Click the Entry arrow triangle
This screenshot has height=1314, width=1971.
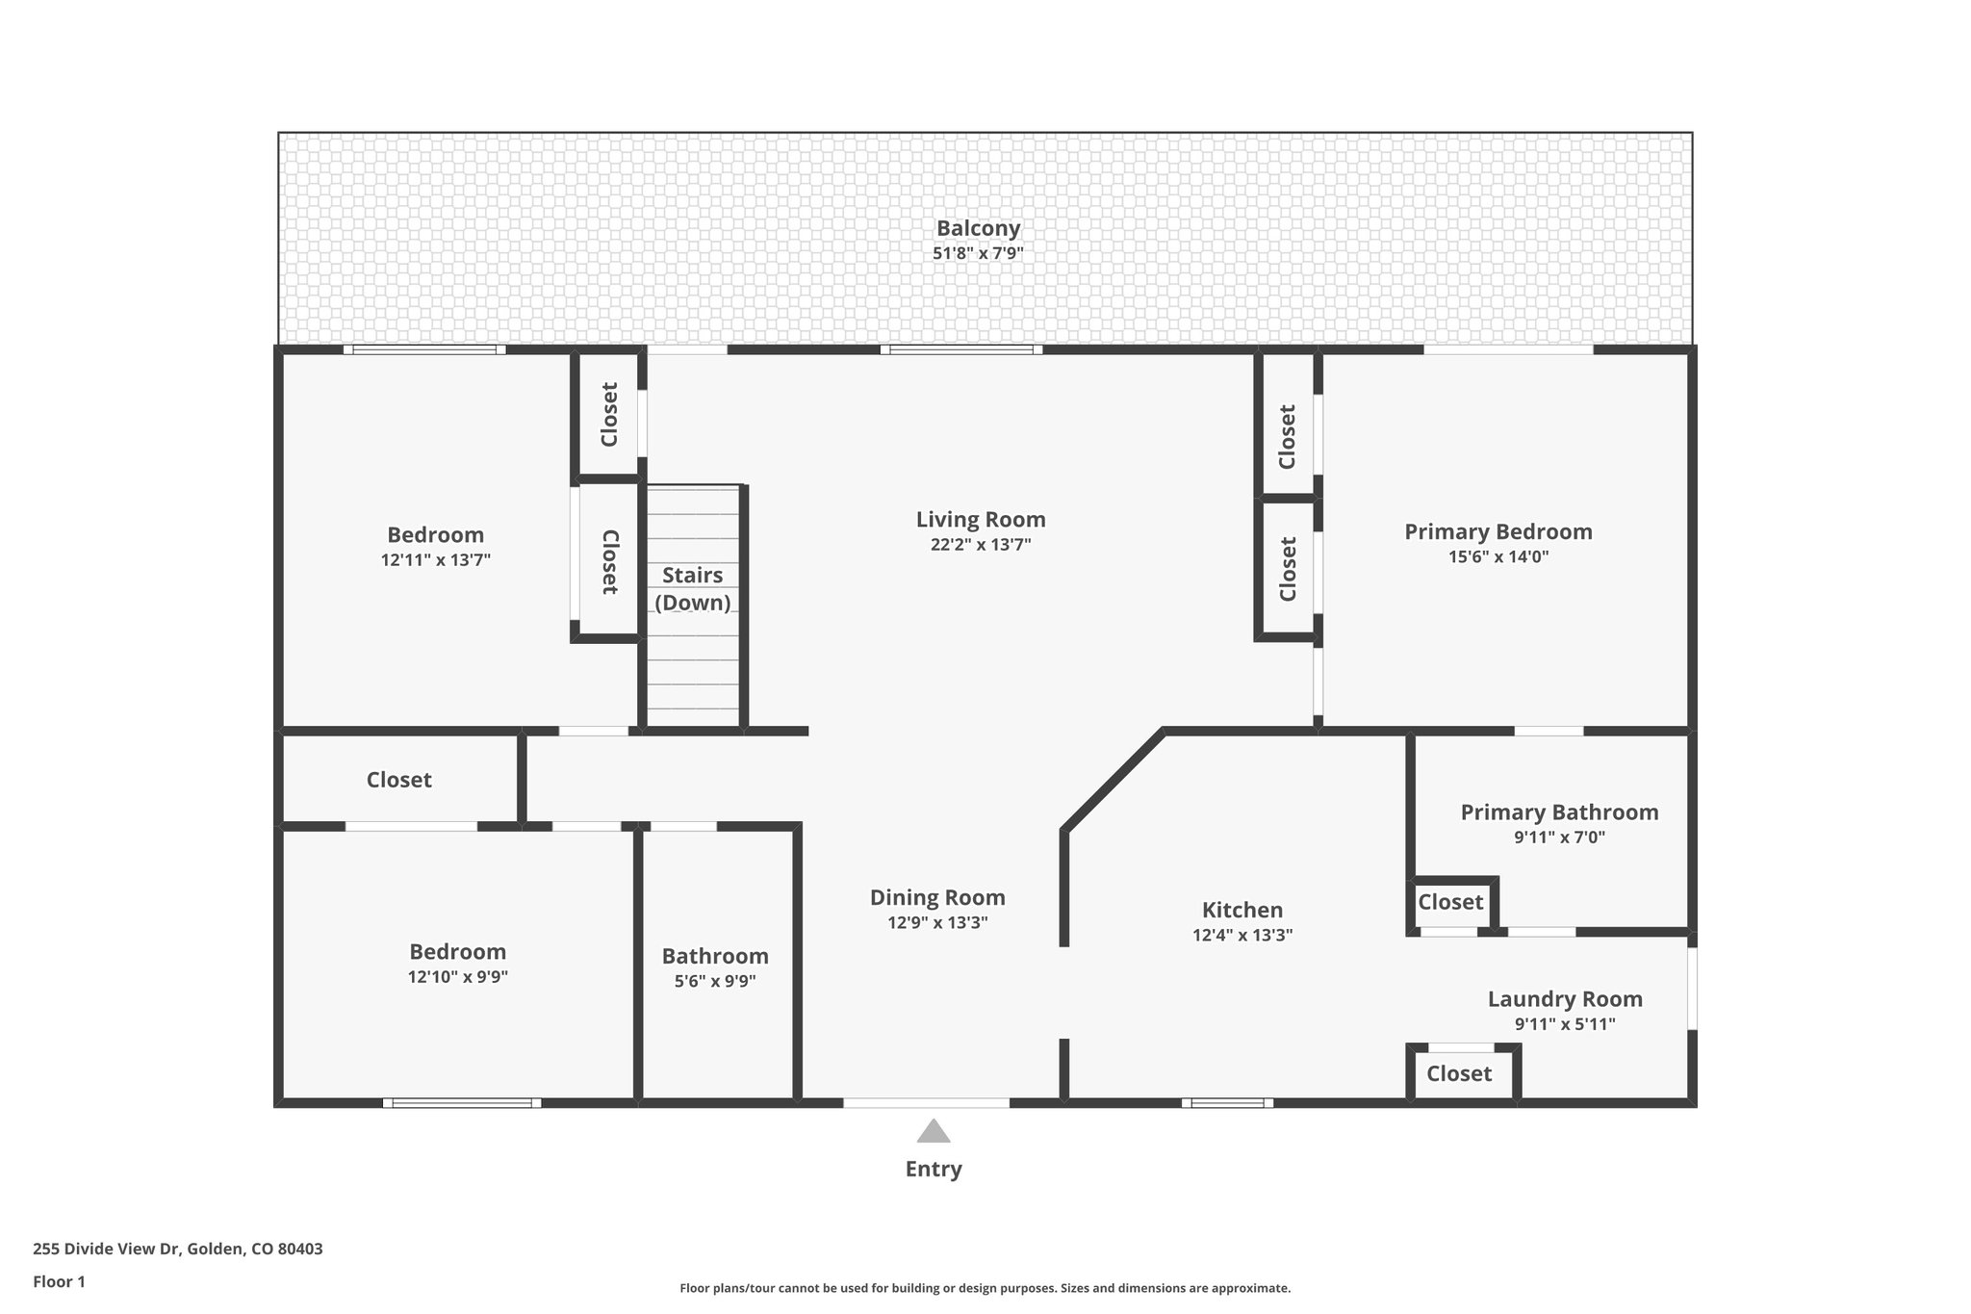click(933, 1131)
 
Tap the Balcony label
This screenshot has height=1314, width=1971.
click(978, 228)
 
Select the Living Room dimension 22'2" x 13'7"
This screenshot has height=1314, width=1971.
click(980, 545)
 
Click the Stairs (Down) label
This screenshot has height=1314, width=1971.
click(692, 588)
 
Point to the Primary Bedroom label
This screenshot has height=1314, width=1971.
click(1497, 531)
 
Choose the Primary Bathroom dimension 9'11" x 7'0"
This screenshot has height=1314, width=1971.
click(1559, 837)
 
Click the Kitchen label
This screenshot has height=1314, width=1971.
click(1241, 910)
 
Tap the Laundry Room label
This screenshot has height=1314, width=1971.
click(1565, 999)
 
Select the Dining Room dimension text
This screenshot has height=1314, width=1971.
click(937, 923)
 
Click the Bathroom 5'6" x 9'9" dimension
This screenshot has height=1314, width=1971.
click(715, 982)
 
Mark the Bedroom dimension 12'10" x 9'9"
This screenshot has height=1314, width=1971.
click(457, 977)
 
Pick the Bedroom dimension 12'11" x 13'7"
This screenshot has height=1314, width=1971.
click(435, 560)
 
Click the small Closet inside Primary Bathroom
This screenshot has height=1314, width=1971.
click(1449, 902)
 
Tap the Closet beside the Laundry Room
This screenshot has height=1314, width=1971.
click(1458, 1073)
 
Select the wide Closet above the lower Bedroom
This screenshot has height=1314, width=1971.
click(398, 780)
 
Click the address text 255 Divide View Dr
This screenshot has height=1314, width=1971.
click(178, 1250)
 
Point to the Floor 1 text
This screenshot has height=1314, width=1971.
click(59, 1281)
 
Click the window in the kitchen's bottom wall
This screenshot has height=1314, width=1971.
click(1227, 1103)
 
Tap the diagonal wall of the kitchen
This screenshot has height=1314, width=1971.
click(1113, 780)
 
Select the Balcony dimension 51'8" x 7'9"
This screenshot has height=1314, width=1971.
click(978, 254)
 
